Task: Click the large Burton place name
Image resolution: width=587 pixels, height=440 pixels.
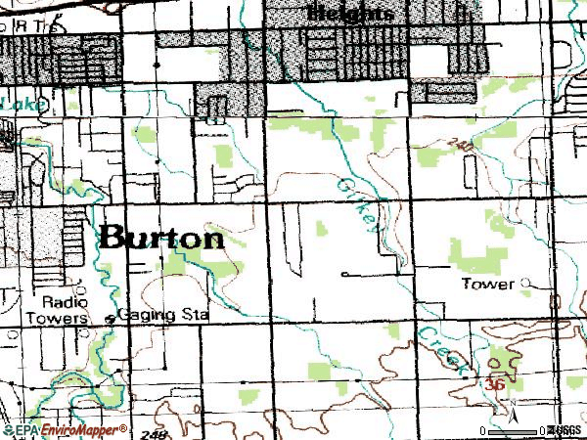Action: (161, 238)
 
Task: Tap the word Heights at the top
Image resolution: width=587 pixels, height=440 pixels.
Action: (351, 13)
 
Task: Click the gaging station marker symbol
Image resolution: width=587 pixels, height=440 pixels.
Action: (109, 318)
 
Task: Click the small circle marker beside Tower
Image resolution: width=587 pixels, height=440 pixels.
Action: (525, 284)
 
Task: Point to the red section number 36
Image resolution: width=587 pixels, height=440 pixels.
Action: (494, 386)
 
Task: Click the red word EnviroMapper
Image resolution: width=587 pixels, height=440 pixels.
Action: (82, 430)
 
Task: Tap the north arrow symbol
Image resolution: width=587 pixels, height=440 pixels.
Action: (513, 415)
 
